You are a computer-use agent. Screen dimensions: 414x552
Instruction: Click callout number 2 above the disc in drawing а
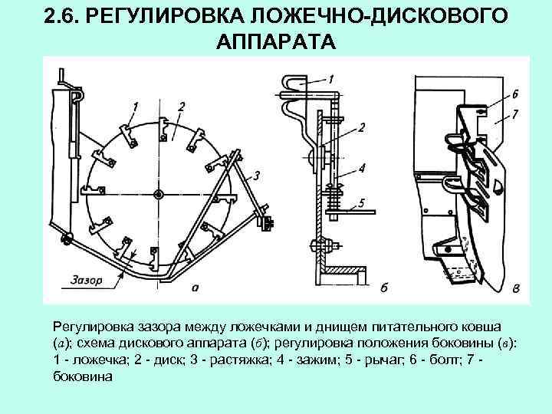pyautogui.click(x=181, y=107)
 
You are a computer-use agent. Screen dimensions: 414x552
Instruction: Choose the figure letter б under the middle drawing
pyautogui.click(x=384, y=288)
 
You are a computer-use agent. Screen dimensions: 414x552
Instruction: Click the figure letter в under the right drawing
pyautogui.click(x=516, y=288)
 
